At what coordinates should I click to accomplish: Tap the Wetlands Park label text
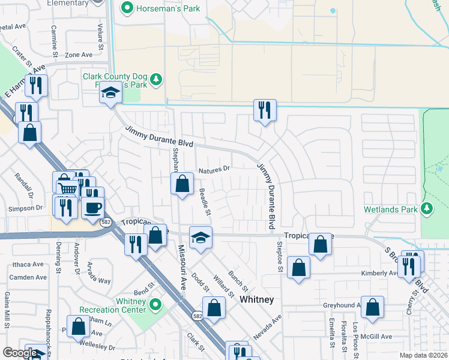[x=390, y=210]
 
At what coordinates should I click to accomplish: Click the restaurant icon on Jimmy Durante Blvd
[x=264, y=110]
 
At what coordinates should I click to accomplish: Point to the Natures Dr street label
[x=214, y=170]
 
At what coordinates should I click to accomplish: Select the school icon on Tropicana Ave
[x=200, y=237]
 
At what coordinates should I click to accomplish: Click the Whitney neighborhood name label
[x=256, y=299]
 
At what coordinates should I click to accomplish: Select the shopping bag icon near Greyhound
[x=372, y=307]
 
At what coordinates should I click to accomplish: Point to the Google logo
[x=20, y=352]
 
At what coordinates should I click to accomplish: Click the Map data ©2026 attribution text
[x=423, y=355]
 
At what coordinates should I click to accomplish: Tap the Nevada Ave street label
[x=267, y=327]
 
